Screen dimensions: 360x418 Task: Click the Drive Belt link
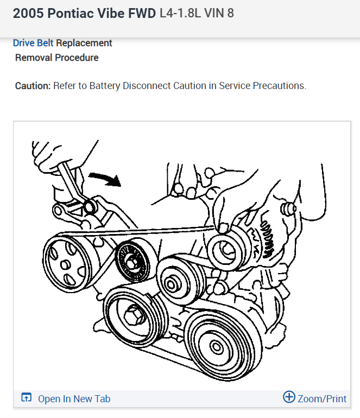click(x=33, y=43)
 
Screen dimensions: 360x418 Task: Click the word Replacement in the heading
click(x=84, y=43)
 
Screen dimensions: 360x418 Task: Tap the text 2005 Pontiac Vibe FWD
click(x=84, y=14)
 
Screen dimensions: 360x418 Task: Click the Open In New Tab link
click(x=74, y=399)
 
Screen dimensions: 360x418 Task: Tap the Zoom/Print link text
click(x=322, y=399)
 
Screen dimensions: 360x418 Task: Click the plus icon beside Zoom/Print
click(x=289, y=397)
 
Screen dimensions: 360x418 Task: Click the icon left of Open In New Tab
click(x=26, y=398)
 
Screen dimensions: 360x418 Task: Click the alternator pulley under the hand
click(x=225, y=250)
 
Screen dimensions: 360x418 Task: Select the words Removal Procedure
click(x=57, y=58)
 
